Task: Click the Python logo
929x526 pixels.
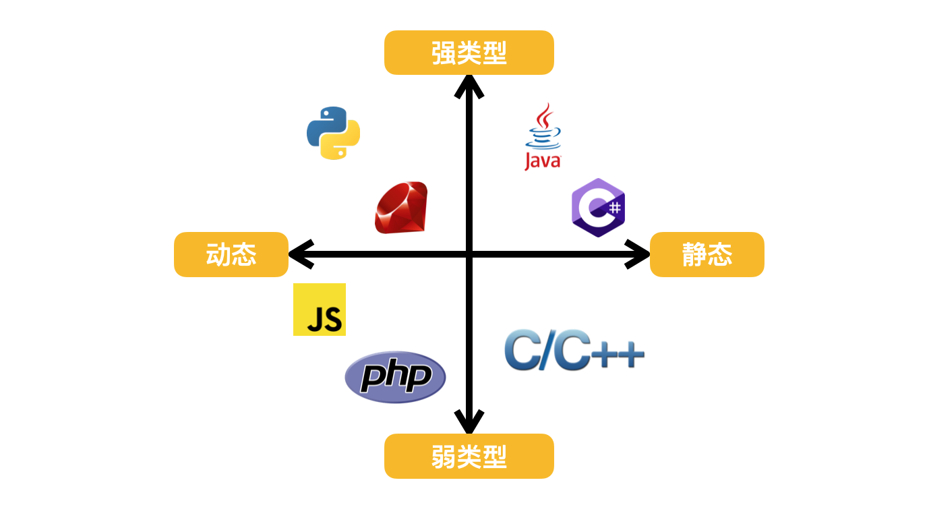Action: click(333, 133)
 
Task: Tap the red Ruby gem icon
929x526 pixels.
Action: click(401, 208)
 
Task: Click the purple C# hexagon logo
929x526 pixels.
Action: click(598, 208)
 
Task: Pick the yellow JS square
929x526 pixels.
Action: click(320, 310)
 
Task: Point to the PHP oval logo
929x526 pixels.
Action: click(395, 377)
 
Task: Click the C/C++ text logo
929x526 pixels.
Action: click(574, 350)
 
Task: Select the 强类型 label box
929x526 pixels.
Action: click(469, 53)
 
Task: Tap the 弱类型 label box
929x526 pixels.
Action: click(469, 457)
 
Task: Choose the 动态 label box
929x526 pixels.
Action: click(231, 255)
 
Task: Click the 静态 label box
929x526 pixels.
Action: click(707, 255)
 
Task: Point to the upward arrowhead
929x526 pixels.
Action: click(469, 84)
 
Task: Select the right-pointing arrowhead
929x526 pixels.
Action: click(639, 254)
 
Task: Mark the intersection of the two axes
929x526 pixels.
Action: click(469, 254)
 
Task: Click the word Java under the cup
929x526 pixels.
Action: click(543, 161)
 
